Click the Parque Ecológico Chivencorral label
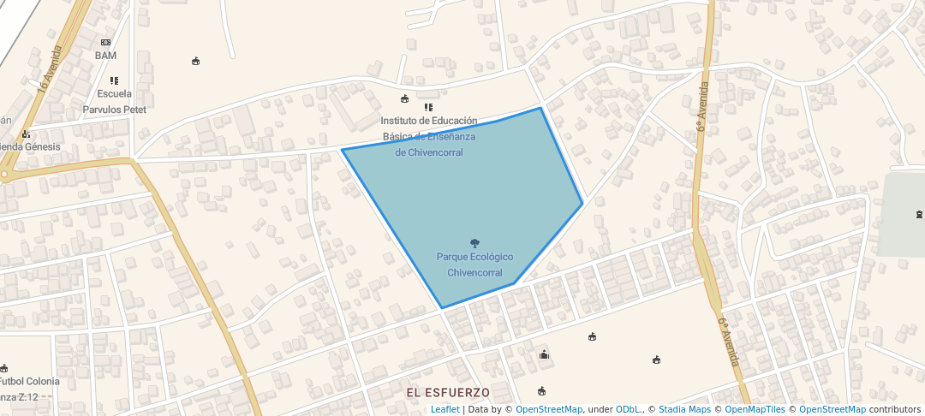[x=474, y=264]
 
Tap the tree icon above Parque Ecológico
[x=475, y=244]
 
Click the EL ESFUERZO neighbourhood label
[x=448, y=393]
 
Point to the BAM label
[x=105, y=56]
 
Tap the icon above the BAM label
[x=105, y=42]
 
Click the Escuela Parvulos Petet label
[x=115, y=102]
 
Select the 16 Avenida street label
[x=51, y=68]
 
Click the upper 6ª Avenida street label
[x=703, y=106]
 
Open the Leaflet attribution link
[x=445, y=409]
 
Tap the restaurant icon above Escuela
[x=114, y=80]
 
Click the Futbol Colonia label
[x=30, y=381]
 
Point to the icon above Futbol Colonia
[x=3, y=367]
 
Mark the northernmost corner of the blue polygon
[x=540, y=108]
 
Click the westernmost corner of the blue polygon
[x=343, y=150]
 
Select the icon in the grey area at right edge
[x=919, y=213]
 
